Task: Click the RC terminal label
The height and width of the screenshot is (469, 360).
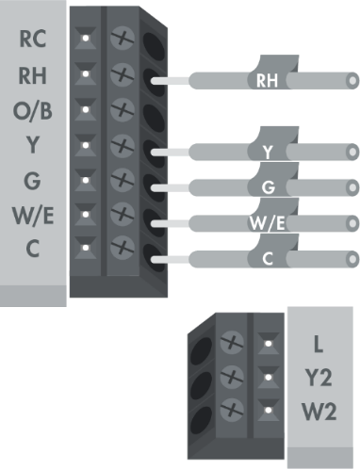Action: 32,40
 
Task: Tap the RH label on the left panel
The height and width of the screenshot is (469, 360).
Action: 32,75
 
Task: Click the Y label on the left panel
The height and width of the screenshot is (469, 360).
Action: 32,145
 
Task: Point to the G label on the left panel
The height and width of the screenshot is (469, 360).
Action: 32,179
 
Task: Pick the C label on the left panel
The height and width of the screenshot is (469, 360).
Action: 32,249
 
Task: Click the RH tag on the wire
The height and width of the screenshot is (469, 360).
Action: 268,81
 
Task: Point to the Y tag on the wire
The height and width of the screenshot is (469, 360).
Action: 268,151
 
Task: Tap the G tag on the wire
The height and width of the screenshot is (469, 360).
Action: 268,186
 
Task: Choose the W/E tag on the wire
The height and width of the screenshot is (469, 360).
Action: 268,222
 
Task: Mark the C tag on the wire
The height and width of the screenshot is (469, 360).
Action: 268,257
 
